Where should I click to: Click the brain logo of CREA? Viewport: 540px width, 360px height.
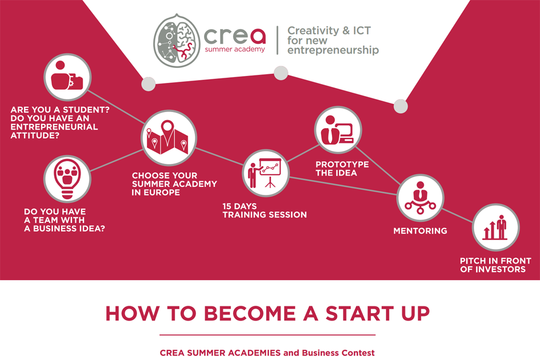(177, 41)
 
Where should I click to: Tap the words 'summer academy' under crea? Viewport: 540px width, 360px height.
(235, 49)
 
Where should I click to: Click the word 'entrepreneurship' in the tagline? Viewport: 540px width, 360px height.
(333, 50)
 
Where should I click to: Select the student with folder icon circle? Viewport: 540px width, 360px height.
(67, 77)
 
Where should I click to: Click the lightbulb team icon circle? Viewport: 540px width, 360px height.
(67, 179)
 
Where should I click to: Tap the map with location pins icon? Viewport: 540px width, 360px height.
(169, 138)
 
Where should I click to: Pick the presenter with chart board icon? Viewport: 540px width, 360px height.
(266, 173)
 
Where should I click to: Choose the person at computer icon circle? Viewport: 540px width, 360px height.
(338, 130)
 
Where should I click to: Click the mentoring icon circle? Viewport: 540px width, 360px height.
(420, 198)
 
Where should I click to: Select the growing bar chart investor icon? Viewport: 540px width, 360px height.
(495, 227)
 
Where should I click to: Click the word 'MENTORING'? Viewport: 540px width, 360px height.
(420, 231)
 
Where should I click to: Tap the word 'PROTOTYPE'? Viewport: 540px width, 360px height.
(342, 165)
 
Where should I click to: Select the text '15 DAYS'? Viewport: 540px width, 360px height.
(239, 206)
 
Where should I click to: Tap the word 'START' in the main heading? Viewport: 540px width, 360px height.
(359, 314)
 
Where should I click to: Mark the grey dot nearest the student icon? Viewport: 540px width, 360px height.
(149, 84)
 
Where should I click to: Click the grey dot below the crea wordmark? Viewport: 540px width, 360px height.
(281, 73)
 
